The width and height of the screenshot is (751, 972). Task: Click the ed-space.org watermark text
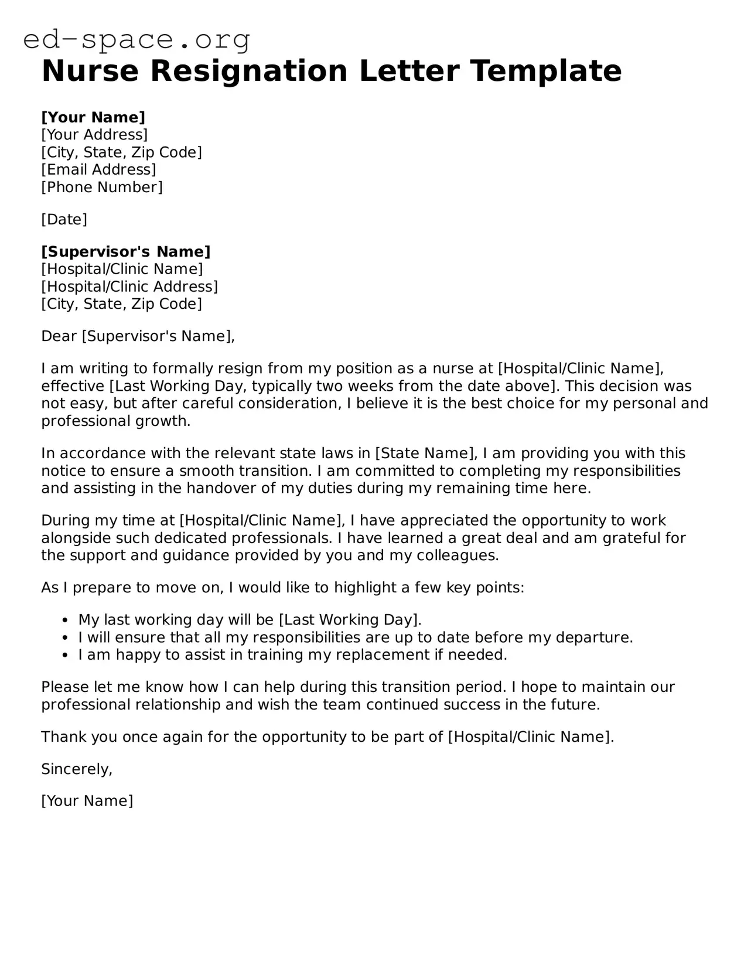pos(136,40)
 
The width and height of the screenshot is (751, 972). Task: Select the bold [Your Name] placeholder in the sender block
pos(93,117)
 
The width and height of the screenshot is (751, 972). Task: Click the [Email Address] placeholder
pos(98,170)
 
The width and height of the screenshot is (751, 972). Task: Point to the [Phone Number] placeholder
pos(102,187)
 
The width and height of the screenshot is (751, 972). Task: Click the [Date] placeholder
pos(64,220)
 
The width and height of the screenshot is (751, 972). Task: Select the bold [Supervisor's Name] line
pos(125,252)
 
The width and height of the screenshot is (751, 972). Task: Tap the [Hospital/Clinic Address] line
pos(129,287)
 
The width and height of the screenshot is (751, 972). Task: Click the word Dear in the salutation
pos(59,336)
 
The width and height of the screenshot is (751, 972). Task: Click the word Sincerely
pos(76,769)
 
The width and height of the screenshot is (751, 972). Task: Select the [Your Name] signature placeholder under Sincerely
pos(87,801)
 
